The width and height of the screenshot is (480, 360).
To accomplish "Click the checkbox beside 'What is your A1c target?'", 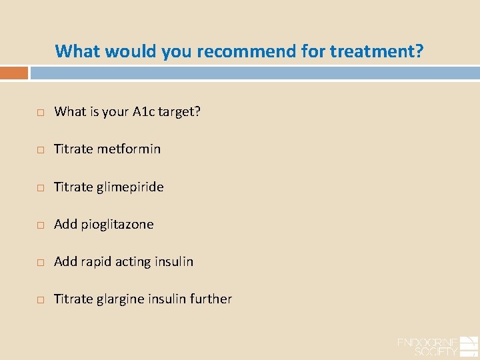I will point(40,113).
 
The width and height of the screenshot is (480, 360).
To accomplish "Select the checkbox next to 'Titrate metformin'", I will point(40,150).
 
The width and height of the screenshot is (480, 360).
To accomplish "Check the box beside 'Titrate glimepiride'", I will point(40,188).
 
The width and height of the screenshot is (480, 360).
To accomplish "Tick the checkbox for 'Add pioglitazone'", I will point(40,225).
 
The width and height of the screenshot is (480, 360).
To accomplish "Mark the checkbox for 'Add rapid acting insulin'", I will point(40,263).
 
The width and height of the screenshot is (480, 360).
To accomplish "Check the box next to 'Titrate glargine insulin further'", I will point(40,300).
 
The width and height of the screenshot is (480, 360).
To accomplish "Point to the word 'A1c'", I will point(141,112).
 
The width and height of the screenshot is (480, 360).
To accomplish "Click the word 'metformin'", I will point(129,149).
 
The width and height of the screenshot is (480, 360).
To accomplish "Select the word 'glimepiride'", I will point(130,187).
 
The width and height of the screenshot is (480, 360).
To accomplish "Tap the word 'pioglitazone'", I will point(117,225).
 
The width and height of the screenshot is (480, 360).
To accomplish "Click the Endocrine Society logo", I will point(436,345).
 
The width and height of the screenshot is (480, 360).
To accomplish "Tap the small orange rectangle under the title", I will point(14,73).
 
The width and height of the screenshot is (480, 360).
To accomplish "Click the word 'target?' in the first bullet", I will point(179,112).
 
